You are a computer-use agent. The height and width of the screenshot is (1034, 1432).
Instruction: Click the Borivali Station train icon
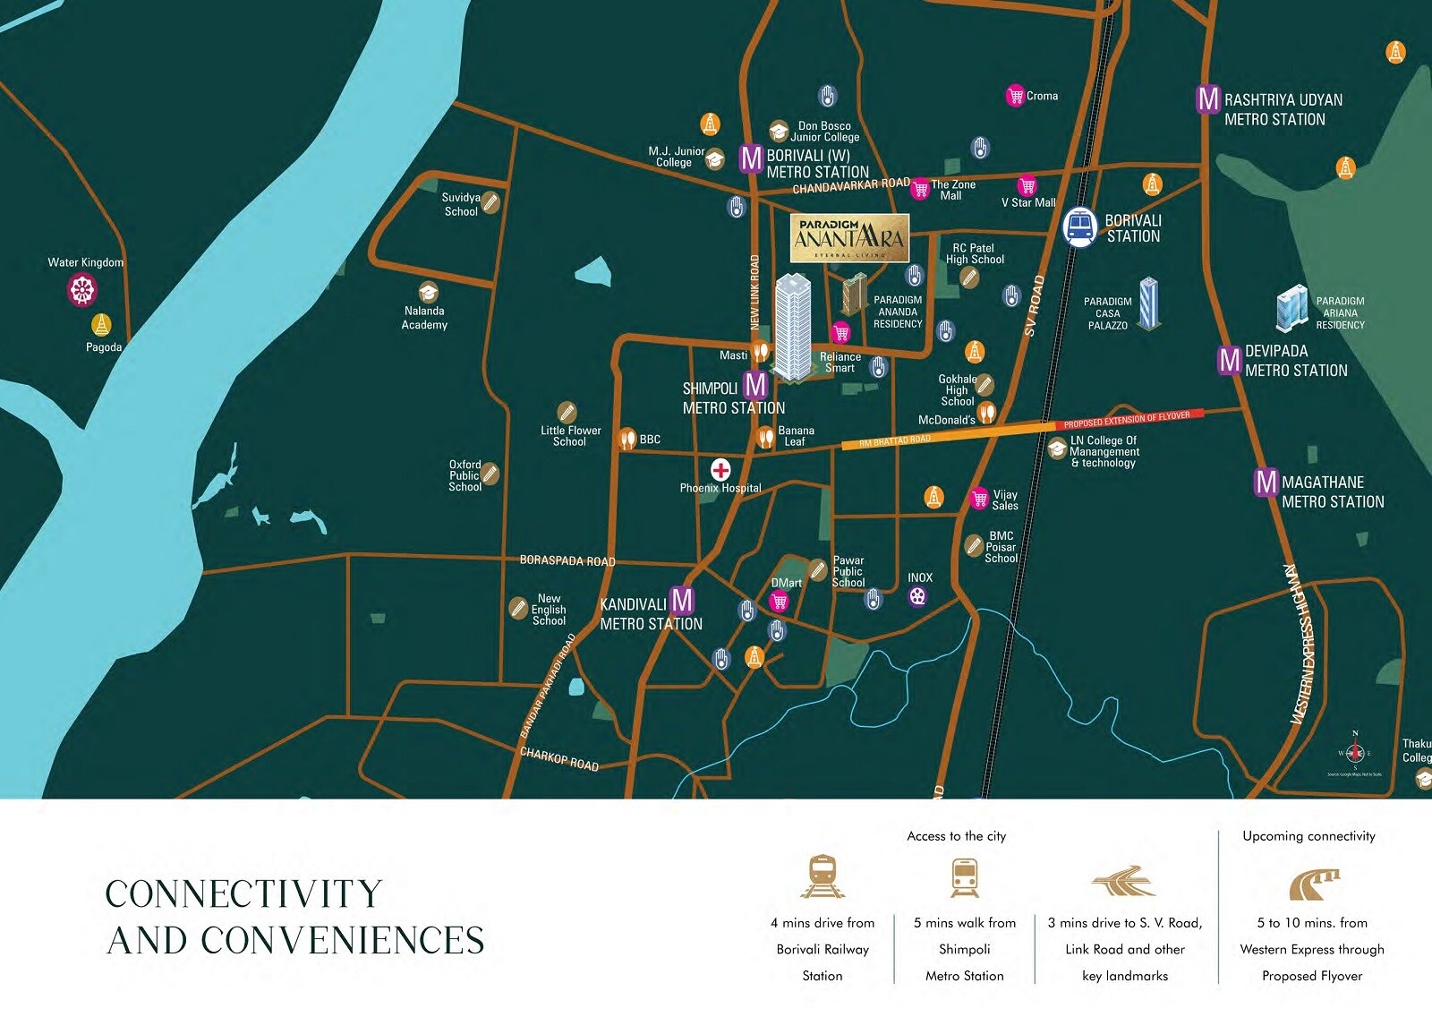pos(1080,227)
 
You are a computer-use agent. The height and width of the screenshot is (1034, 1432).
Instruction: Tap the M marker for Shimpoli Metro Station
pos(756,385)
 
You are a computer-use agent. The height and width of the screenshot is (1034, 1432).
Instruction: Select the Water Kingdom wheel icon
pos(82,289)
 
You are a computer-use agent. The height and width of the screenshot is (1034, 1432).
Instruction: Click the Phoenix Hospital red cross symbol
pos(720,469)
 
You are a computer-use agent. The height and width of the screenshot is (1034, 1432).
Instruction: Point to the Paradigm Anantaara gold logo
pos(849,238)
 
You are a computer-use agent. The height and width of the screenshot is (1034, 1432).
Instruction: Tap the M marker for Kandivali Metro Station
pos(682,600)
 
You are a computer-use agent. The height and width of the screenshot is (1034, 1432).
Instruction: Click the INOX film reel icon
pos(917,596)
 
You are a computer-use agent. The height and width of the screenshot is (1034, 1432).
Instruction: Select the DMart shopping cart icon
pos(780,602)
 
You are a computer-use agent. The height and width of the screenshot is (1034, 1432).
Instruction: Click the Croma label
pos(1042,96)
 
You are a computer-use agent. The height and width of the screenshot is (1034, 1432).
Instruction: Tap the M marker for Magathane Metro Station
pos(1266,483)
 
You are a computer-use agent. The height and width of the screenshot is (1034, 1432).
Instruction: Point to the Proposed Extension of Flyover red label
pos(1129,419)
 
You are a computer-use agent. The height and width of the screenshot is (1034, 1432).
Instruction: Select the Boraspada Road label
pos(567,560)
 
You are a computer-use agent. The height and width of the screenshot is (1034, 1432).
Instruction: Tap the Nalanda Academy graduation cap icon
pos(429,292)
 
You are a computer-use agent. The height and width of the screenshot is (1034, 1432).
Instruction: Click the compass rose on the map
pos(1354,753)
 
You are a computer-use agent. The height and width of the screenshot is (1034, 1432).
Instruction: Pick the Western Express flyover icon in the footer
pos(1313,884)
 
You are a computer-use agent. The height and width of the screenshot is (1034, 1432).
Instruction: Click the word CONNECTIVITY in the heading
pos(243,893)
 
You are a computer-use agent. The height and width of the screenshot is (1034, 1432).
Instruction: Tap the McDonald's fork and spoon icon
pos(986,413)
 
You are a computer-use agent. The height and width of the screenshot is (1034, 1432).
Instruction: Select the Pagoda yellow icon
pos(102,325)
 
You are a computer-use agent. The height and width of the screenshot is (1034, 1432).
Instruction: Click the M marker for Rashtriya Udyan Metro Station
pos(1208,98)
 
